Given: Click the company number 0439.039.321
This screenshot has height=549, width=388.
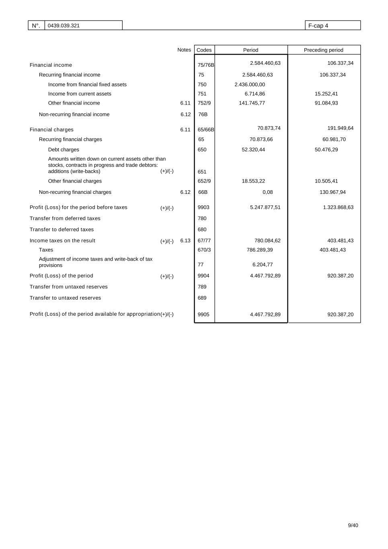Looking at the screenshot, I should tap(64, 26).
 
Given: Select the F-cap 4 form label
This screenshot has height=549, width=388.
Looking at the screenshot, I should tap(318, 26).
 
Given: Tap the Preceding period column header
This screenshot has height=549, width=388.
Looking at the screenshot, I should tap(323, 50).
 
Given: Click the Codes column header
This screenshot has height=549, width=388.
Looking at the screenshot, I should tap(204, 50).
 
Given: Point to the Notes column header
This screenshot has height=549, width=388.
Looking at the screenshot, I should tap(184, 50).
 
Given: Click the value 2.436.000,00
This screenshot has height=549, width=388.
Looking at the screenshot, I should tap(250, 84).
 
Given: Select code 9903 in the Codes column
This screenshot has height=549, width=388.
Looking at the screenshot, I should tap(203, 208).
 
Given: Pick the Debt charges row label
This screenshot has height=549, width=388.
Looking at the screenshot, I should tap(64, 150).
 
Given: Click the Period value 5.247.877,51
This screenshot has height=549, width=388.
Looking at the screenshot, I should tap(265, 208).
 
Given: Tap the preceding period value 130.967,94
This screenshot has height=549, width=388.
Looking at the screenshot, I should tap(333, 192).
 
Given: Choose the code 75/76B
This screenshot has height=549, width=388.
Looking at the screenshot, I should tap(205, 65).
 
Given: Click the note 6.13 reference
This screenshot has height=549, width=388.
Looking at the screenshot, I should tap(185, 241).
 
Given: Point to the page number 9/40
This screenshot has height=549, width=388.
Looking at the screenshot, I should tap(353, 525).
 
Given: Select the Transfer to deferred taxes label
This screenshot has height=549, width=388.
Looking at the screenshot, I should tap(62, 230).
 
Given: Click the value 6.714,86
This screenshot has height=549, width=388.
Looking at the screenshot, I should tap(255, 94).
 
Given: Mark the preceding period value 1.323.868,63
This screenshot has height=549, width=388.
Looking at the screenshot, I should tap(338, 208).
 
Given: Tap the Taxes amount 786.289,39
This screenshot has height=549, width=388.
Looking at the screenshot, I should tap(259, 250).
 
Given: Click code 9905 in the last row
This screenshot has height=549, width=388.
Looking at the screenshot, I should tap(203, 315).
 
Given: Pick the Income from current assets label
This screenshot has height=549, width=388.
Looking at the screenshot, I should tap(80, 94).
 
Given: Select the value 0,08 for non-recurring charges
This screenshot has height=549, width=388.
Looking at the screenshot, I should tap(267, 192).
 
